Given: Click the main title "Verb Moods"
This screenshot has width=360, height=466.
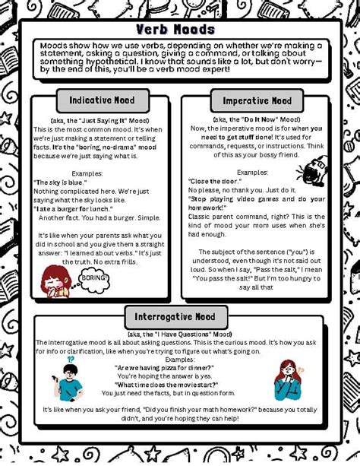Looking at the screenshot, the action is (x=175, y=30).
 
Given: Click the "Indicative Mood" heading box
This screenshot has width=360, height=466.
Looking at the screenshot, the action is (x=102, y=100).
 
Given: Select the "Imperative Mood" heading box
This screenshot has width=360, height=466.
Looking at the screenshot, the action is (x=257, y=100).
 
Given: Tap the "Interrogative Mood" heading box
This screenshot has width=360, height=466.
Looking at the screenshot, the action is (x=175, y=317).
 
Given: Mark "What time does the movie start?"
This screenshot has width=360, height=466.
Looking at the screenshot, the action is (x=165, y=384).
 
